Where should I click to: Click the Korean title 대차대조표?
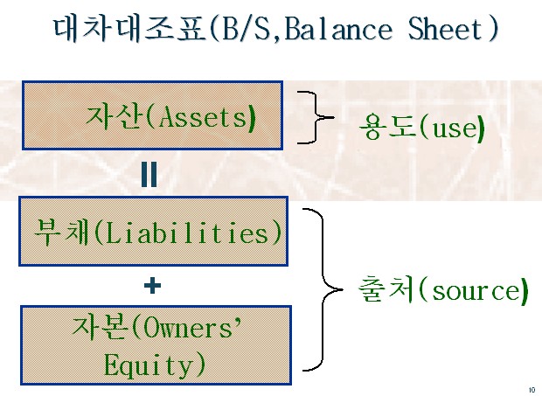pos(129,29)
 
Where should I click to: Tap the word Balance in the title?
pos(338,29)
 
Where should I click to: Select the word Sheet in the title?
pos(445,29)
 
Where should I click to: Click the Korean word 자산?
pos(114,117)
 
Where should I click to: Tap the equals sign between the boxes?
pos(149,174)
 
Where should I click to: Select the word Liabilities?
pos(187,233)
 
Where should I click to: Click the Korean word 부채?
pos(61,233)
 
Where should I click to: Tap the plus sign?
pos(152,286)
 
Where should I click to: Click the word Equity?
pos(149,365)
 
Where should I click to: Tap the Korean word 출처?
pos(386,289)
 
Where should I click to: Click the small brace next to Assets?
pos(316,117)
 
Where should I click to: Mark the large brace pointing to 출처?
pos(323,289)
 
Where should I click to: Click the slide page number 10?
pos(532,390)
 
